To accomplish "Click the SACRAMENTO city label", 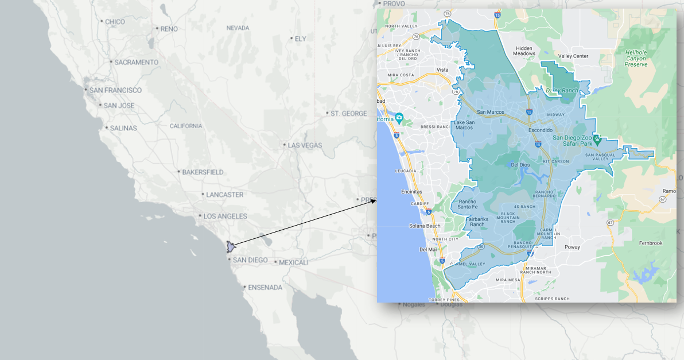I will coord(136,62).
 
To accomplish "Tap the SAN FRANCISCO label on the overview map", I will coord(115,90).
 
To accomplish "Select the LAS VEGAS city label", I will coord(305,145).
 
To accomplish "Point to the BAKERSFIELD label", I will coord(203,172).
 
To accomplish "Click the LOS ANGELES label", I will coord(225,216).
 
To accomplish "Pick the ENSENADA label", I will coord(265,287).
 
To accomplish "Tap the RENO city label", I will coord(169,29).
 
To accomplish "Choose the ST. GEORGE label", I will coord(348,114).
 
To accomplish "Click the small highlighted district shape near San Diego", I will coord(231,247).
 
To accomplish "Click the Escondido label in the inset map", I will coord(541,130).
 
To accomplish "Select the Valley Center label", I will coord(573,56).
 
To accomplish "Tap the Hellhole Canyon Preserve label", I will coord(636,58).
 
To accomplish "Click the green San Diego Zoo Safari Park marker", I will coord(597,140).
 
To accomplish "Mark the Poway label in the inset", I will coord(572,247).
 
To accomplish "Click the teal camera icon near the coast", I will coord(399,118).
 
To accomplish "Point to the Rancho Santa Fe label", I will coord(468,204).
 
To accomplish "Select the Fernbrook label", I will coord(651,243).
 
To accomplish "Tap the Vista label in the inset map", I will coord(442,70).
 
